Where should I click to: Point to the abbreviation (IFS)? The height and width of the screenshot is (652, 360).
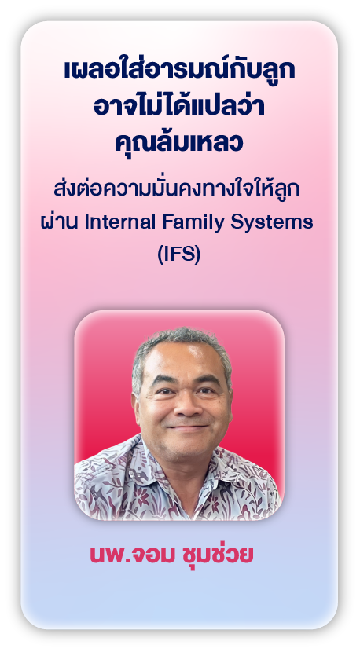tap(180, 255)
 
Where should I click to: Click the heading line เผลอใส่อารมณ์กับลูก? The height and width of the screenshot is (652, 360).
tap(179, 71)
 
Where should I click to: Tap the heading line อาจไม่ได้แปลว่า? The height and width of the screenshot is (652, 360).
tap(179, 109)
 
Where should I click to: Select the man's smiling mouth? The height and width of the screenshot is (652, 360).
tap(184, 427)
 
